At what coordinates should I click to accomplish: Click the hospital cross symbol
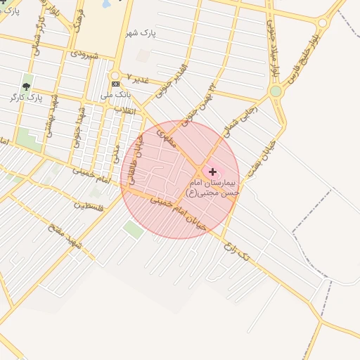(x=212, y=172)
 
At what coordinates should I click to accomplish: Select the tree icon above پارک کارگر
(x=27, y=86)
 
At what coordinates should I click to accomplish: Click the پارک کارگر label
(x=27, y=97)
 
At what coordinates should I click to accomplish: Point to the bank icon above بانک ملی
(x=115, y=84)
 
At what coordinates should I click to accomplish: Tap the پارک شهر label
(x=139, y=33)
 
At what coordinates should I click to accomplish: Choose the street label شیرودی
(x=83, y=53)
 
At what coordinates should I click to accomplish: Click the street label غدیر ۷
(x=138, y=78)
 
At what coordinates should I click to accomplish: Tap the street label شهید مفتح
(x=65, y=237)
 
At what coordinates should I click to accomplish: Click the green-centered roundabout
(x=276, y=91)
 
